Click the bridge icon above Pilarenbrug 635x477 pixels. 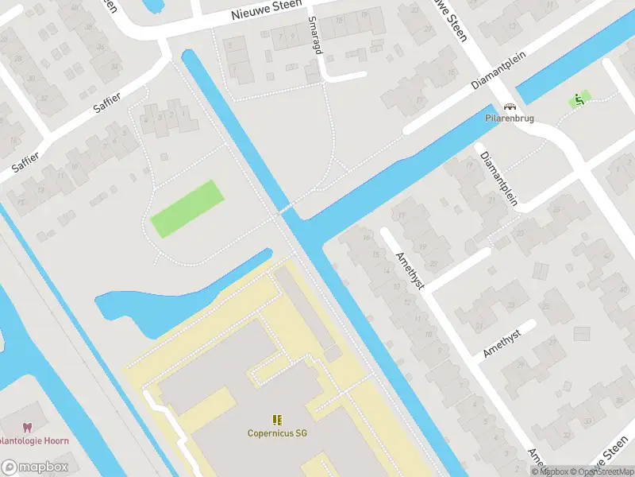[x=510, y=106]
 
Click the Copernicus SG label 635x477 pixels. [x=276, y=433]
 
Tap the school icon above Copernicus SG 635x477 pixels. [x=276, y=420]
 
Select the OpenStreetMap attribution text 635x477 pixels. [x=602, y=472]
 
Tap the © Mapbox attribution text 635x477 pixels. [x=551, y=472]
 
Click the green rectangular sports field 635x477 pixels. [x=187, y=208]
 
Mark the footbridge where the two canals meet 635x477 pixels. [x=287, y=211]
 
